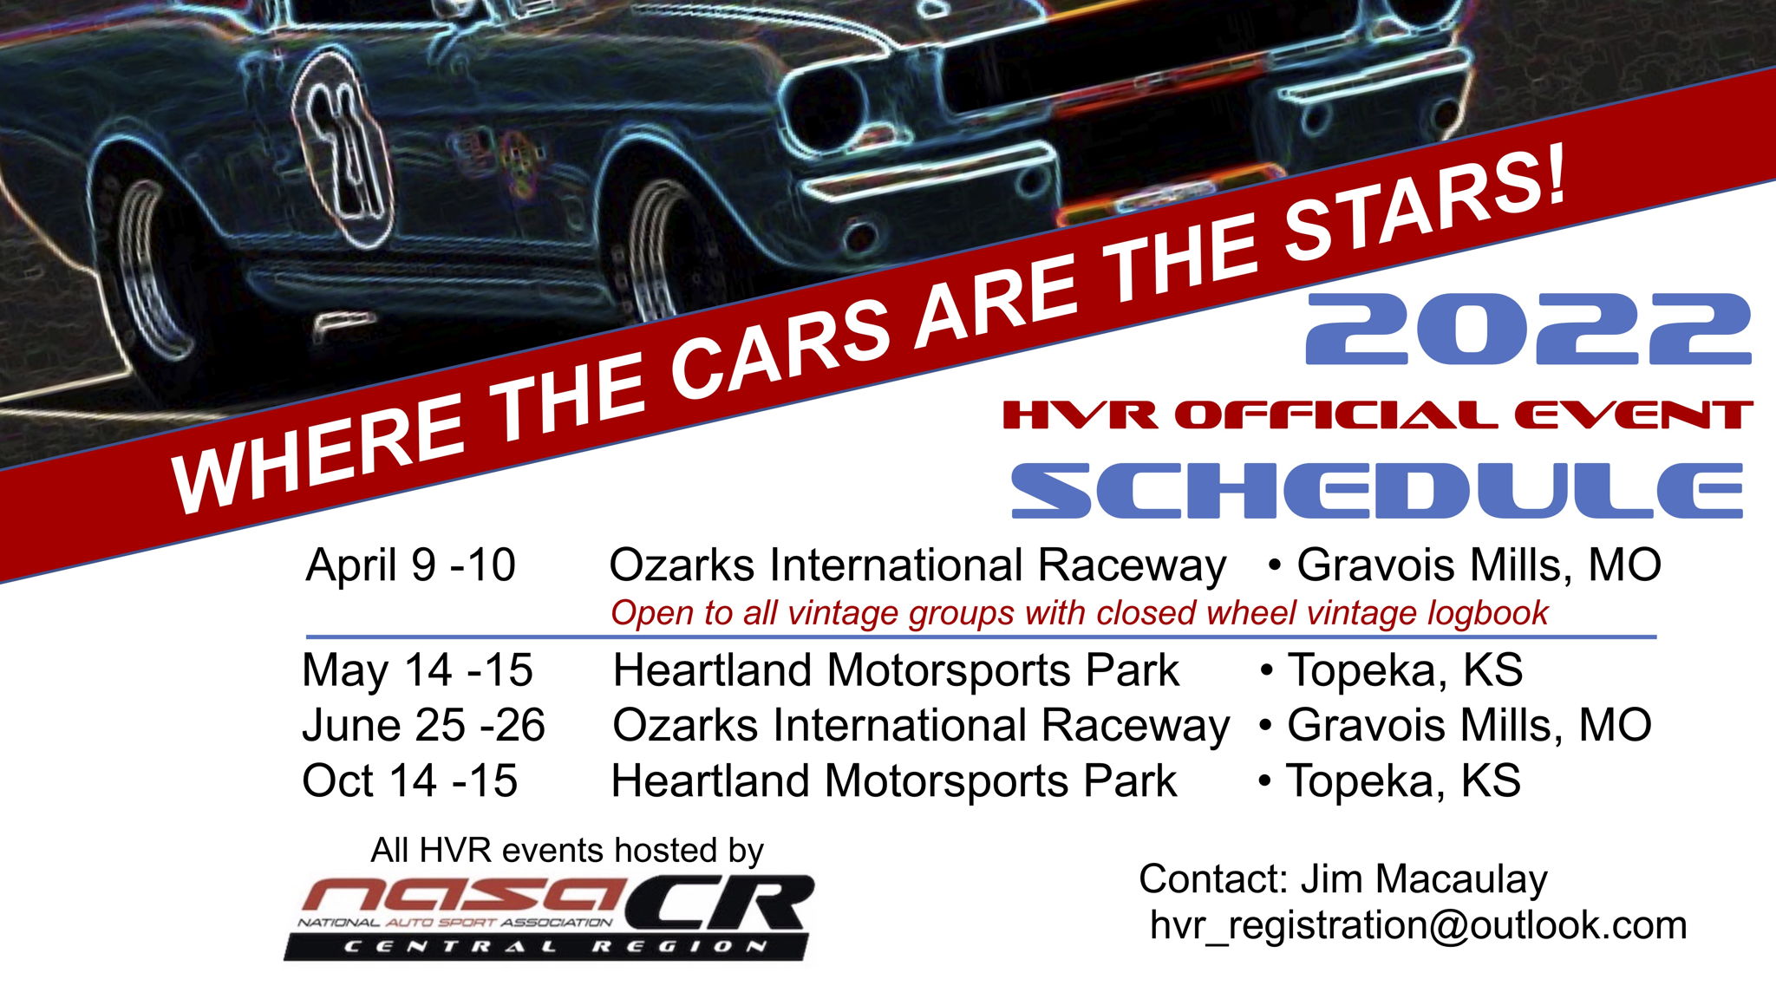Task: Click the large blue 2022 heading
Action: point(1528,329)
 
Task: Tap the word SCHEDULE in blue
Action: point(1377,491)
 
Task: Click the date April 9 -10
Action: point(411,565)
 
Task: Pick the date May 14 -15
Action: point(417,670)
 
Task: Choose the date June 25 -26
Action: point(423,725)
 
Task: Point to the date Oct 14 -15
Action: point(409,780)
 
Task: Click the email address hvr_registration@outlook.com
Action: point(1418,925)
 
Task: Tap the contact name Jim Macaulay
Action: point(1424,879)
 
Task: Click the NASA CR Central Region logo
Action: point(550,917)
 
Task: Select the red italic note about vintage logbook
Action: point(1080,613)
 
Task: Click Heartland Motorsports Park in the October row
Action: point(894,780)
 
